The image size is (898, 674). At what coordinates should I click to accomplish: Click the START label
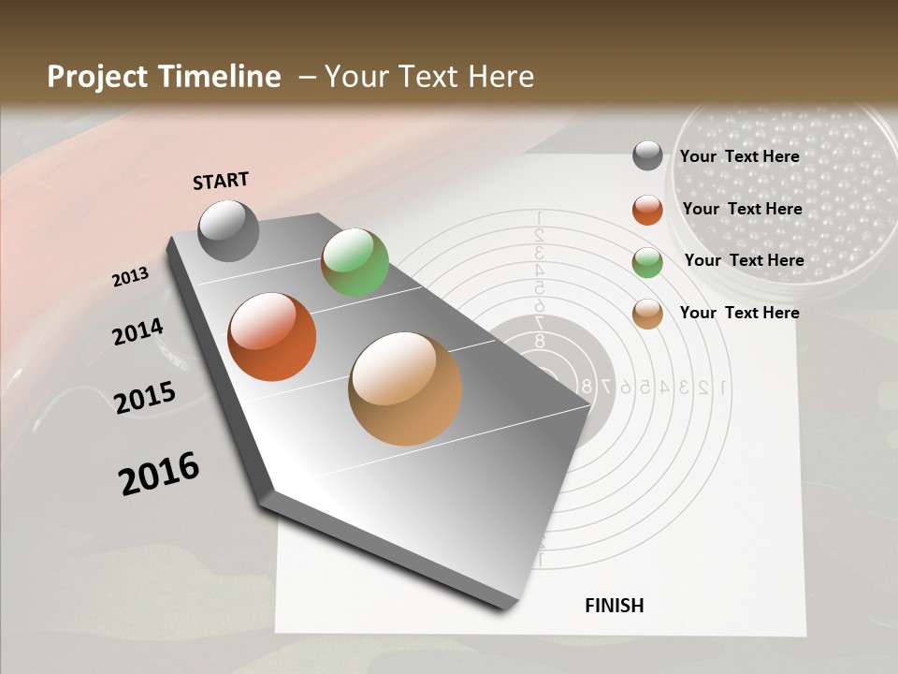221,181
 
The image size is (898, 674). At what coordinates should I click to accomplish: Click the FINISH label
614,606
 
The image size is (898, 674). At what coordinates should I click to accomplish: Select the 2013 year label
130,277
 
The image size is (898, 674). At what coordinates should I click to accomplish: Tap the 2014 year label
138,331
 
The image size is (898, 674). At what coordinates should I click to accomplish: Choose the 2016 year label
159,473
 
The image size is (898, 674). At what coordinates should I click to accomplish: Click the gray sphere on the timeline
229,230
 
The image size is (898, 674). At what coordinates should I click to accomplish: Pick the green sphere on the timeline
355,262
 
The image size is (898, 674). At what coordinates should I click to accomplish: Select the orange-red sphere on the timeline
271,337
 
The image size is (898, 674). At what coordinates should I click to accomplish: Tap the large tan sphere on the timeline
405,388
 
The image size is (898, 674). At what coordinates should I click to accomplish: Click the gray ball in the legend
647,155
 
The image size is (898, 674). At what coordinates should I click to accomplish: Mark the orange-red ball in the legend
647,210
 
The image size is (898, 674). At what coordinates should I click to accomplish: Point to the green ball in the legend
647,262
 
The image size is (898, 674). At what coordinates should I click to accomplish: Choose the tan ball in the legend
647,314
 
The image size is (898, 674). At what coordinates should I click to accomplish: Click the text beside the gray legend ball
739,156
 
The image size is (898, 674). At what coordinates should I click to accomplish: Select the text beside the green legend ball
744,260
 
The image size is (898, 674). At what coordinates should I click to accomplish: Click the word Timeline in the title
218,77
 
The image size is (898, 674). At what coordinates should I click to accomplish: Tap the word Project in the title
97,77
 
